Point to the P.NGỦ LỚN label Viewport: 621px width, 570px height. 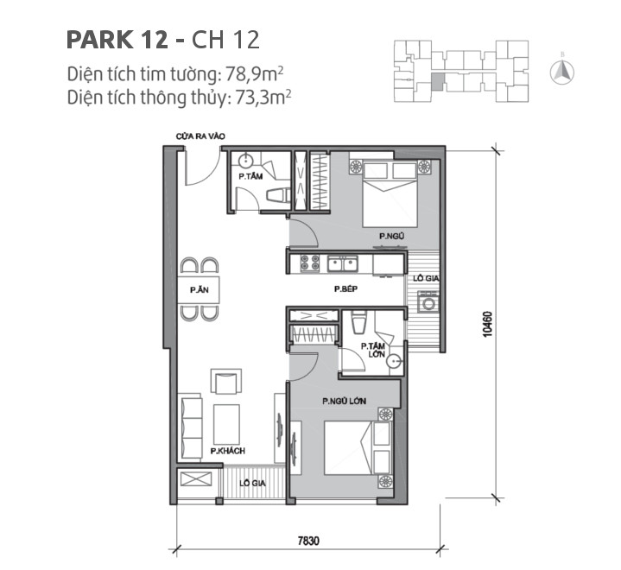[x=339, y=402]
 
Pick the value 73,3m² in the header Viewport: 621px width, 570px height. [x=261, y=97]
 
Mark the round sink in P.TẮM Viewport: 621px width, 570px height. [x=246, y=160]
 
